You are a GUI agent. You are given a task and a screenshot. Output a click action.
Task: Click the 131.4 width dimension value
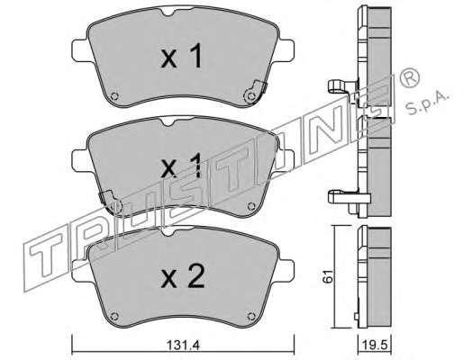(x=183, y=346)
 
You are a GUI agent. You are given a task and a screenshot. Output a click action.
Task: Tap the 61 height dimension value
(x=328, y=276)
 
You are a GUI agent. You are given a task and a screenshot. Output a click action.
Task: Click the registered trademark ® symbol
(x=409, y=76)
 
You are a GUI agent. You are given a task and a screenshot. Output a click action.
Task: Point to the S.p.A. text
(x=427, y=103)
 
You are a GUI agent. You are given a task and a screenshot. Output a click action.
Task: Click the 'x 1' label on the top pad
(x=181, y=56)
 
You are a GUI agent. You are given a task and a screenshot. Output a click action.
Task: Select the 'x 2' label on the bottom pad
(x=183, y=276)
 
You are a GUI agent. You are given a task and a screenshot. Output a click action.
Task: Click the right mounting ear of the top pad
(x=286, y=49)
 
